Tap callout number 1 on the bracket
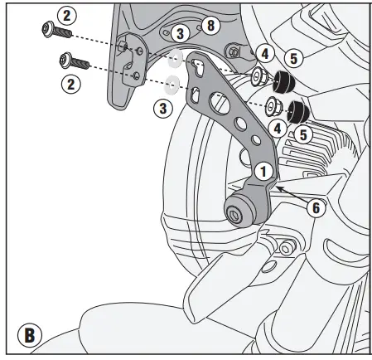tap(263, 173)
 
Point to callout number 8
tap(210, 26)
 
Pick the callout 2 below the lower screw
tap(72, 83)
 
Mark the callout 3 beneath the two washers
tap(162, 107)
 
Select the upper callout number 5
tap(294, 58)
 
